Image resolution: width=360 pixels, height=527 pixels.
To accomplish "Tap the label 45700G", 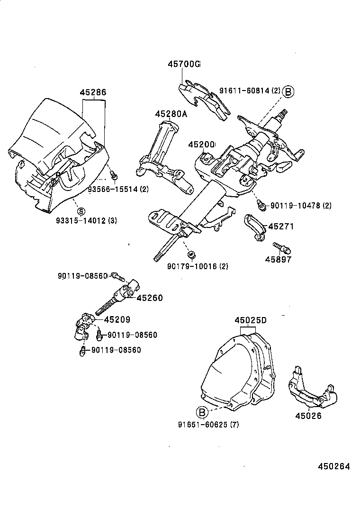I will click(184, 64).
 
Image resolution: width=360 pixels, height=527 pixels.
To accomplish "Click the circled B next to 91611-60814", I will click(288, 91).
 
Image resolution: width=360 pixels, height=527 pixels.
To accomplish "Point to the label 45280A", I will click(171, 113).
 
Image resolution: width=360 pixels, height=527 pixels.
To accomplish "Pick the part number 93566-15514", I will click(114, 190).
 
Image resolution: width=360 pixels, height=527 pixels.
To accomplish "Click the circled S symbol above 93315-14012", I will click(81, 211).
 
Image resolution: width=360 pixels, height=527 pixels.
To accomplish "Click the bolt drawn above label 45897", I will click(282, 247).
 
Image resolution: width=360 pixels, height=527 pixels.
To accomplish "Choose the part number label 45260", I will click(150, 298).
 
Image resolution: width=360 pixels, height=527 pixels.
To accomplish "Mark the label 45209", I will click(117, 320).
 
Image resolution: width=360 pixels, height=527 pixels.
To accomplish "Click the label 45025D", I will click(251, 320).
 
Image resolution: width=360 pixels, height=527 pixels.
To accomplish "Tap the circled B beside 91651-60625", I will click(202, 412).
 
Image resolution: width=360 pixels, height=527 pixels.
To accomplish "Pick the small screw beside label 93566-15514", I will click(113, 176).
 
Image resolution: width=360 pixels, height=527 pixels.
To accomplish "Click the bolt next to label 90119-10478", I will click(261, 204).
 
